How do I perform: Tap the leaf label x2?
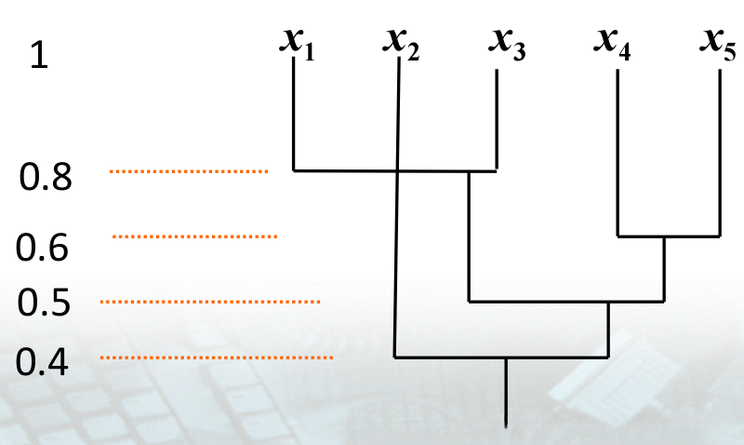point(401,43)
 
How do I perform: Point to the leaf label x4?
point(612,43)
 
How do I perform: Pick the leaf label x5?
point(717,43)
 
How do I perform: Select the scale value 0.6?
point(43,248)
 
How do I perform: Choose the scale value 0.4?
point(43,360)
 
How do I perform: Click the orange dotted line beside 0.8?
point(188,171)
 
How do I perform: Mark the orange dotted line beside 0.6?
point(194,237)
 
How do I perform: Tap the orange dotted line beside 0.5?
point(209,302)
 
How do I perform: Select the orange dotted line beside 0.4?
point(216,357)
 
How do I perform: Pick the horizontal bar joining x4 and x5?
point(670,236)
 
